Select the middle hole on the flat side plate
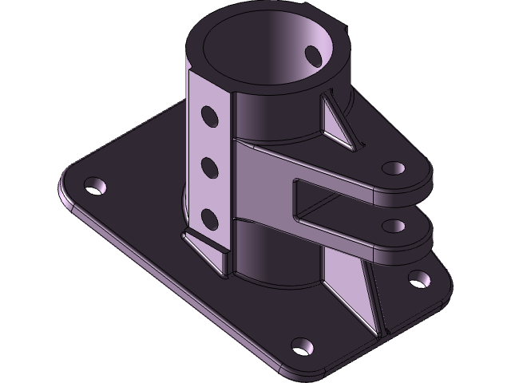click(x=210, y=167)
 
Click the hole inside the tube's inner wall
click(x=313, y=53)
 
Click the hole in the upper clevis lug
click(x=394, y=168)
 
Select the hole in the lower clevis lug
click(x=394, y=224)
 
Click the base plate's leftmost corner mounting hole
click(x=97, y=187)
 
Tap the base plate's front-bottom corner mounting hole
click(x=303, y=346)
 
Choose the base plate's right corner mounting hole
click(x=418, y=278)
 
